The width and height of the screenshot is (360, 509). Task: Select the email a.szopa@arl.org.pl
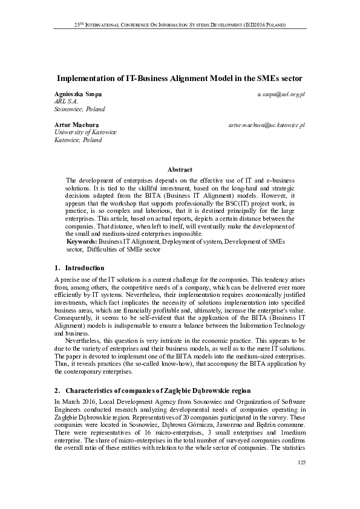281,96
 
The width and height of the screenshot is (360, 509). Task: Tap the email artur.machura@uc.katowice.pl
266,125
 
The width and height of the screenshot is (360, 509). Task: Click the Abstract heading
180,170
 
